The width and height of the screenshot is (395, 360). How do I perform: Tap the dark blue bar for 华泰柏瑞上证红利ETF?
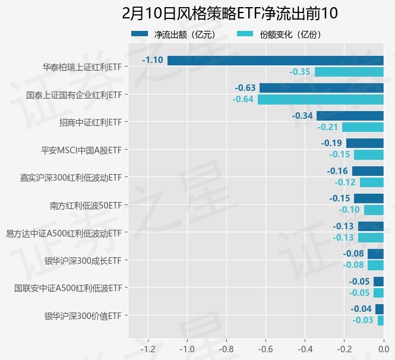point(276,60)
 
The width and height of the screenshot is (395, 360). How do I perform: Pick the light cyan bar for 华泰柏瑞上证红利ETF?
point(349,72)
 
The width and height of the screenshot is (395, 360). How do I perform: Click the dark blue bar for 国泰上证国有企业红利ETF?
point(321,88)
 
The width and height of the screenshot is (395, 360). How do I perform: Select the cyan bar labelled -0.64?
point(321,99)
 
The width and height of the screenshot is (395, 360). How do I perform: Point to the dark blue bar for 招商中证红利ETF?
point(350,115)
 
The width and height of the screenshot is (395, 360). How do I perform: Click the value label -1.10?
point(153,60)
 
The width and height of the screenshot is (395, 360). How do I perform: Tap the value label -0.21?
point(328,127)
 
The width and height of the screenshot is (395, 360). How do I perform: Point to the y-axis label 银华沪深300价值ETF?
point(83,315)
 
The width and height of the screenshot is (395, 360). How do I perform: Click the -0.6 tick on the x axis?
point(266,349)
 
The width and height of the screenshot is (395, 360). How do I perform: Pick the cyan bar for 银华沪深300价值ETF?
point(381,321)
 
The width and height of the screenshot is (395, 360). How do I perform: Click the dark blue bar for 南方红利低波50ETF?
point(369,198)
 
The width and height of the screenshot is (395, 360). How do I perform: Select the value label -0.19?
point(331,143)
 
